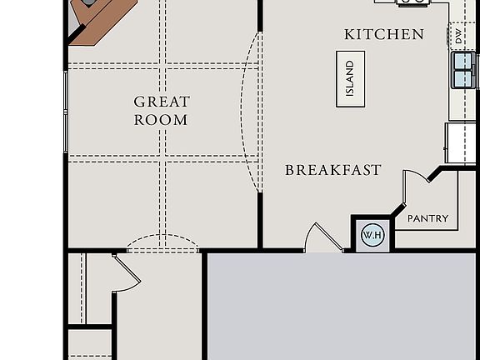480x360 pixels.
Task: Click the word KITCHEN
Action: [x=384, y=34]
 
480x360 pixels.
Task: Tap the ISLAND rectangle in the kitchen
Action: [x=350, y=79]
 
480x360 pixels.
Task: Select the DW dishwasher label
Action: [x=459, y=35]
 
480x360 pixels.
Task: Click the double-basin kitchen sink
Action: [x=464, y=70]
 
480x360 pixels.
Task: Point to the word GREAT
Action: [x=162, y=102]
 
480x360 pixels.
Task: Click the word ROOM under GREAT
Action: [x=162, y=120]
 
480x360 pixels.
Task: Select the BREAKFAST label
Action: [x=332, y=170]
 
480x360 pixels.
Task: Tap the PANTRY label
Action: [x=427, y=219]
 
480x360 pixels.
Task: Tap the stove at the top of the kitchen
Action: [x=412, y=2]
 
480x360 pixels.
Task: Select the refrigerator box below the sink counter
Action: [x=461, y=142]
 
